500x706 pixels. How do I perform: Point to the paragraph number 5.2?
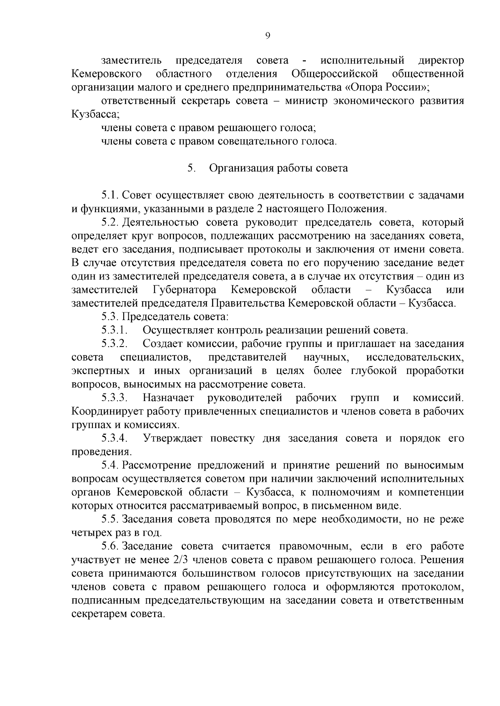click(110, 223)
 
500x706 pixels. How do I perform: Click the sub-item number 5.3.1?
click(114, 330)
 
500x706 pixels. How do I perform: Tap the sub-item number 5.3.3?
click(114, 398)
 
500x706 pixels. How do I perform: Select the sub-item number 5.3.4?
click(114, 438)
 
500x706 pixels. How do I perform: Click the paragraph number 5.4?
click(110, 465)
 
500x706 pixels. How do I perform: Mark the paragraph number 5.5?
click(110, 519)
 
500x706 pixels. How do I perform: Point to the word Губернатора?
click(185, 290)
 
